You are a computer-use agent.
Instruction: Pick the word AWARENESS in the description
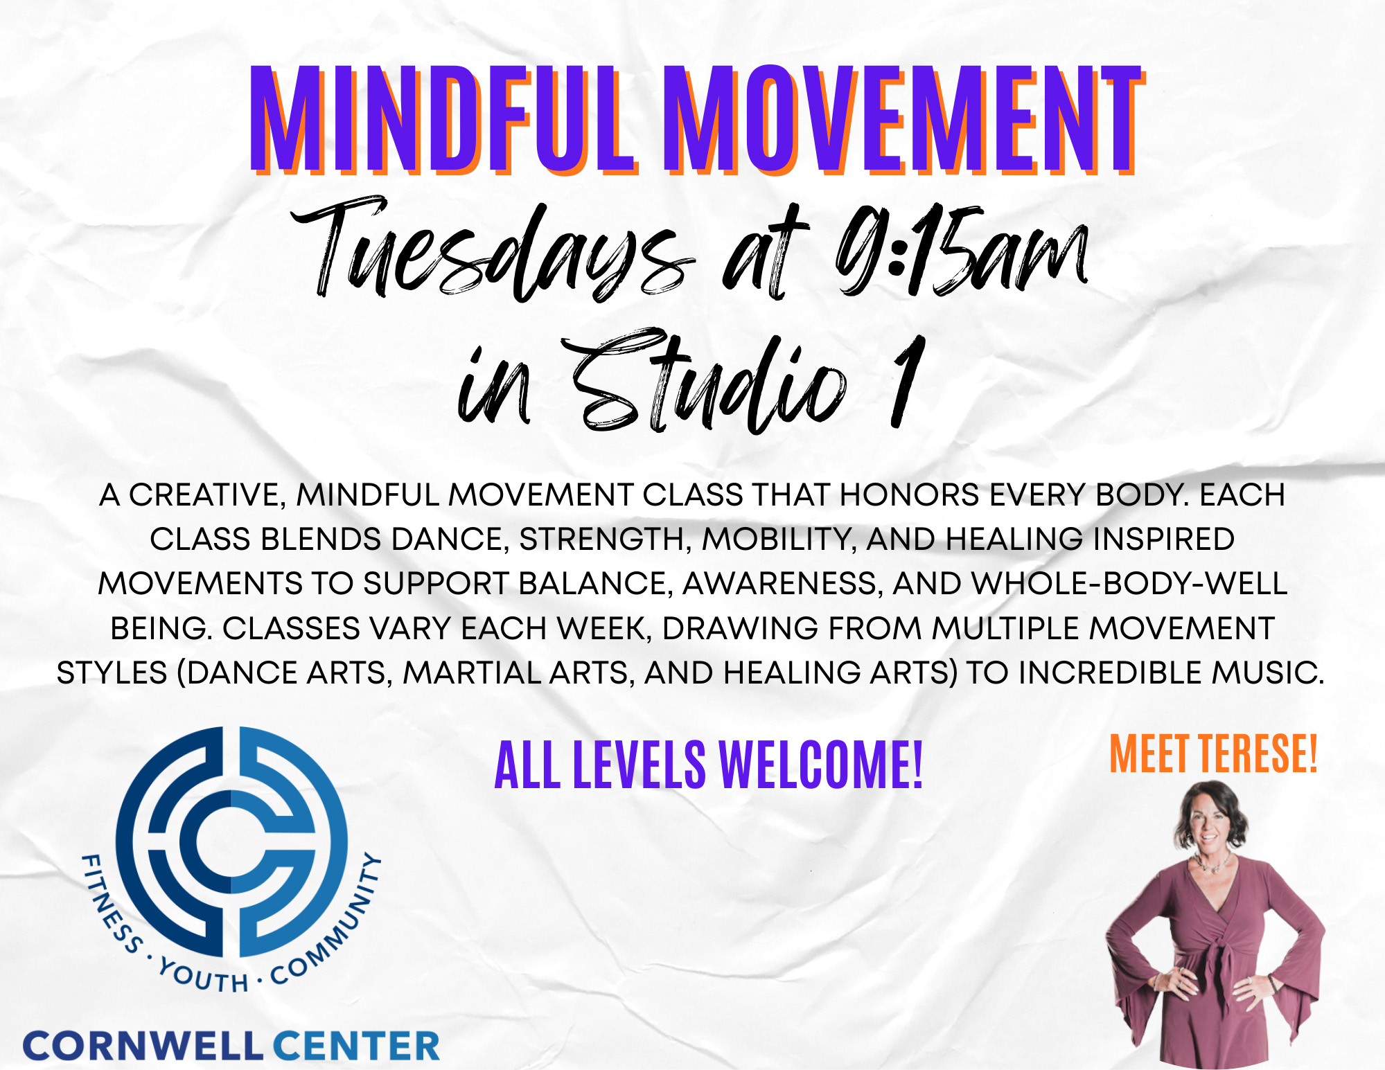tap(784, 584)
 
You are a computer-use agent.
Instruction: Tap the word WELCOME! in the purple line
tap(821, 765)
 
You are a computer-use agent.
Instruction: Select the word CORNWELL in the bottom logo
tap(143, 1046)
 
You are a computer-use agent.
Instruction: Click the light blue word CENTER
tap(357, 1046)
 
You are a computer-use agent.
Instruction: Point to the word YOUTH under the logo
tap(202, 975)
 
